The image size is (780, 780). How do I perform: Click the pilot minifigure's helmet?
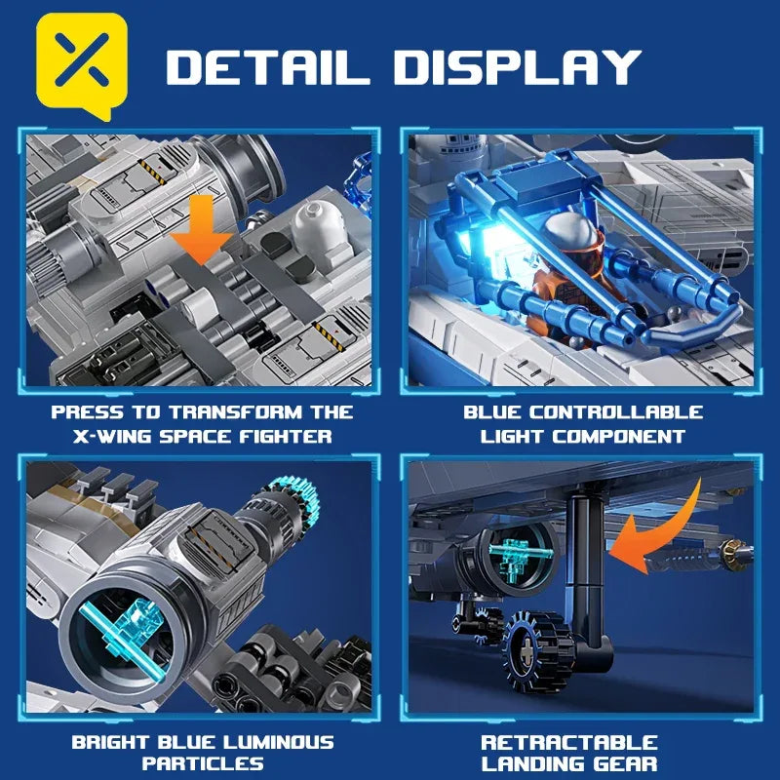[x=568, y=235]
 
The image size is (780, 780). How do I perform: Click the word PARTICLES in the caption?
[x=203, y=764]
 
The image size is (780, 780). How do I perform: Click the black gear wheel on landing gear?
[x=530, y=643]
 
